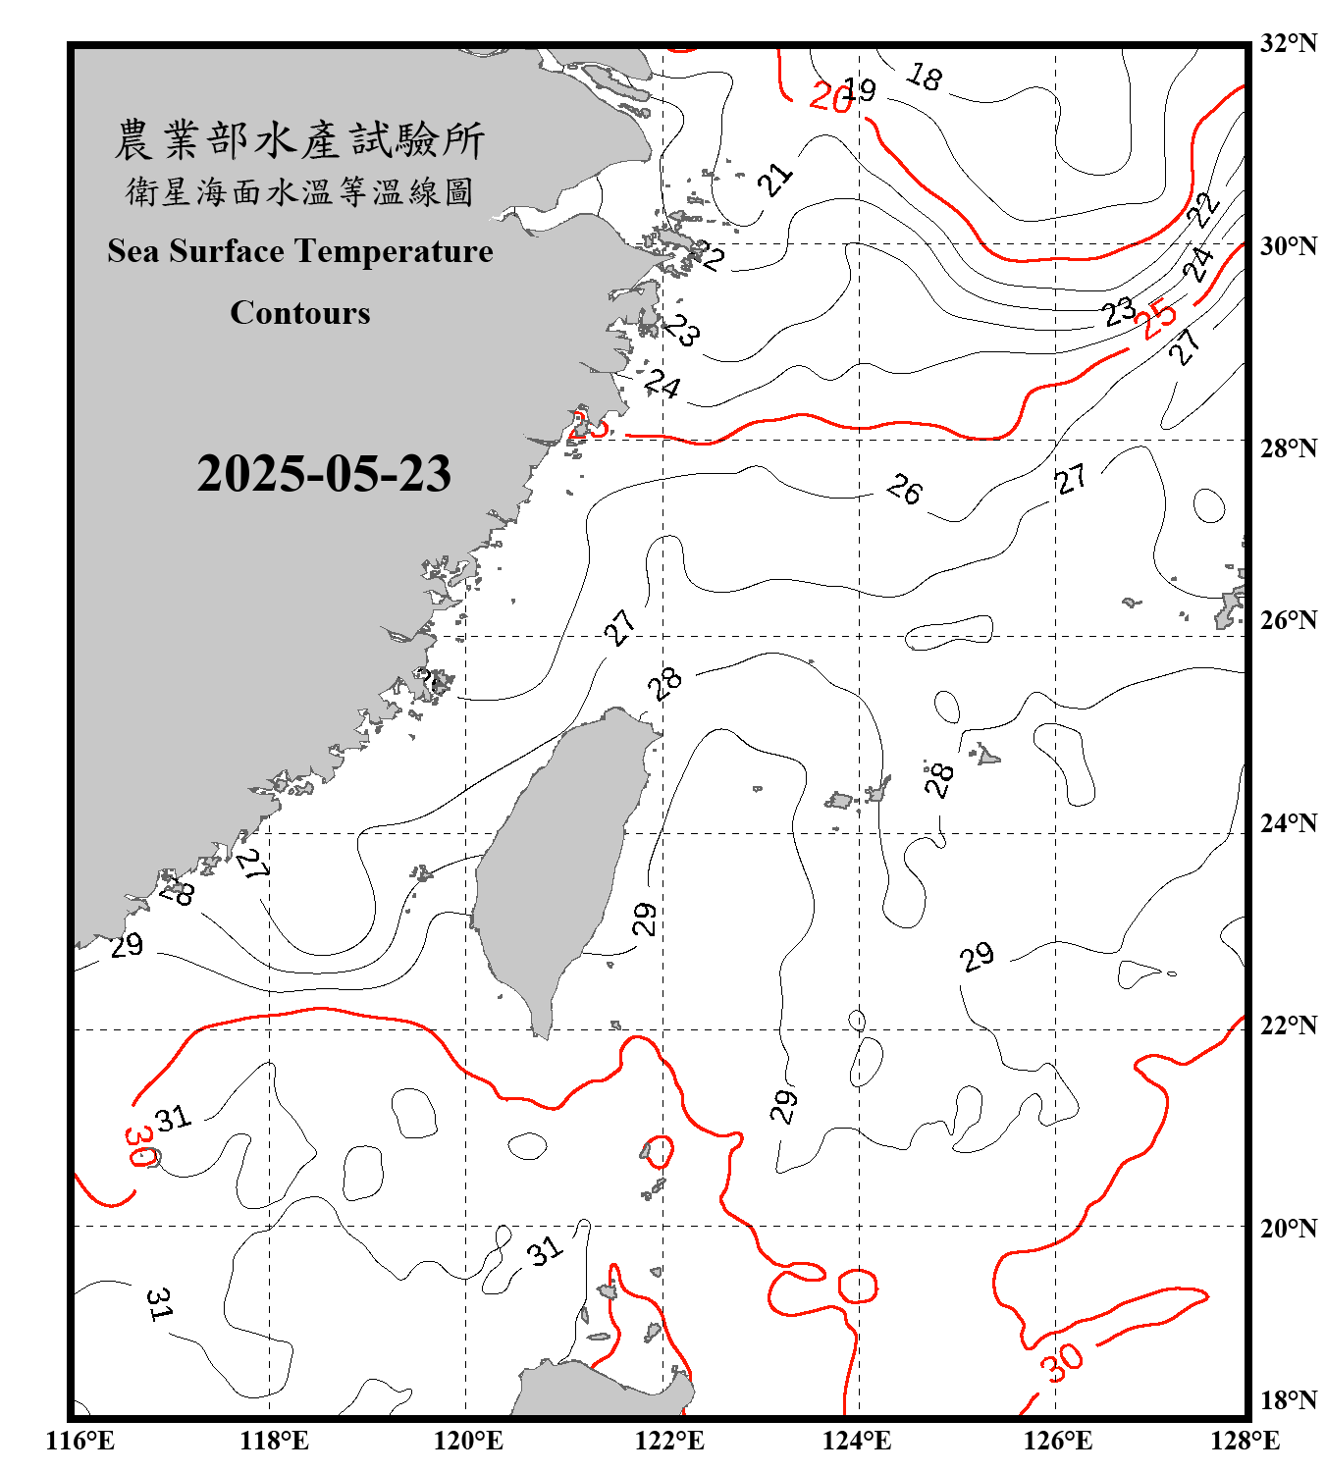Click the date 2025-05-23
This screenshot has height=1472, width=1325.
click(x=324, y=474)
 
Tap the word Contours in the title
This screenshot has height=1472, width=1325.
click(x=300, y=313)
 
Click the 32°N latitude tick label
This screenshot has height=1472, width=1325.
click(x=1288, y=43)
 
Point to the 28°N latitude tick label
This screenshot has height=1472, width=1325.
click(x=1288, y=448)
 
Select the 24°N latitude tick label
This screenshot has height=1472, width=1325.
click(x=1288, y=823)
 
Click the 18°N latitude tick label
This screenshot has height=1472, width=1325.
click(x=1288, y=1400)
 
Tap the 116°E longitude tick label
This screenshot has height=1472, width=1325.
click(x=80, y=1441)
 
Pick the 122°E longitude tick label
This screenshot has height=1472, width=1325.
click(x=669, y=1441)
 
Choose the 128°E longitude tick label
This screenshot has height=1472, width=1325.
click(x=1245, y=1441)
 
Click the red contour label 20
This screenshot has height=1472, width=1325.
click(x=829, y=97)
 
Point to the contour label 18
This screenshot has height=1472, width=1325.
click(x=925, y=76)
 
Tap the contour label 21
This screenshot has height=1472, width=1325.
click(x=775, y=180)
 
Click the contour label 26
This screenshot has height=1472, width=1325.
click(x=904, y=489)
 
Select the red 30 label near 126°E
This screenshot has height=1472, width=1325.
click(x=1062, y=1362)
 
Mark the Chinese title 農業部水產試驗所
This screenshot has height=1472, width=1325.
click(x=299, y=139)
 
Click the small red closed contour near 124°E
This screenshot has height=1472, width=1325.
click(x=857, y=1286)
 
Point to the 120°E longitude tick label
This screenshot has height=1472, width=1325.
click(x=468, y=1441)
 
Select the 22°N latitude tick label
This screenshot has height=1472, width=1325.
click(x=1288, y=1025)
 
